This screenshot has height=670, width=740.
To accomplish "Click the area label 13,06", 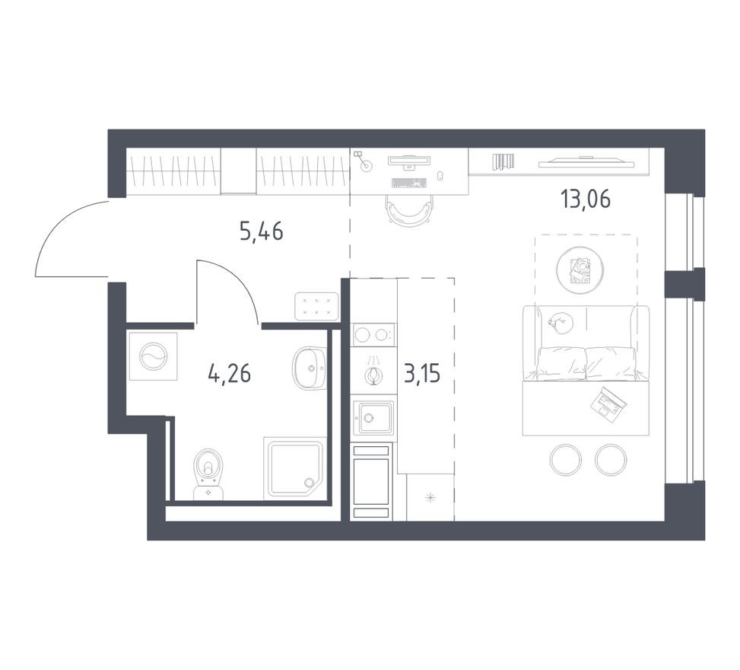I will [x=585, y=199].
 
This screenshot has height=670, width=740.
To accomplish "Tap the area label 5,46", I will [x=261, y=231].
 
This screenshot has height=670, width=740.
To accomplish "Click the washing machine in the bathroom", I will [x=153, y=356].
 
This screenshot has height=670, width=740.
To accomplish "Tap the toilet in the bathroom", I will [x=208, y=470].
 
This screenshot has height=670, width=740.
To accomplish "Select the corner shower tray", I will [x=294, y=467].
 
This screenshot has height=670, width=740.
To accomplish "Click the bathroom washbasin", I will [x=310, y=368].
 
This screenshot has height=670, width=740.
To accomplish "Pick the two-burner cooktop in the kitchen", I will [x=373, y=334].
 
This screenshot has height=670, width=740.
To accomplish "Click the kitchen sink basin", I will [x=373, y=417].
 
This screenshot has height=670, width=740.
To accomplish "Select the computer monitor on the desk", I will [x=409, y=161].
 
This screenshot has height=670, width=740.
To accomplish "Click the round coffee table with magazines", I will [x=577, y=270].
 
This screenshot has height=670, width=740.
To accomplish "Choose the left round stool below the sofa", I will [x=566, y=459].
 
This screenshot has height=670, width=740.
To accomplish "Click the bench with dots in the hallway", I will [x=316, y=306].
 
